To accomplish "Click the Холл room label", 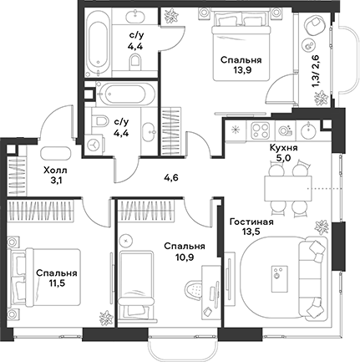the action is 55,170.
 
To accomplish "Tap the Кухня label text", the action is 284,148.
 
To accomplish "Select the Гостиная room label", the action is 251,222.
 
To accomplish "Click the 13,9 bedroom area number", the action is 241,70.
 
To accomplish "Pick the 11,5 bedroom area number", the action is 57,283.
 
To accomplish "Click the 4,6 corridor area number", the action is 170,177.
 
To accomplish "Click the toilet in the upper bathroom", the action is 134,61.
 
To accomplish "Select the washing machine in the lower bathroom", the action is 94,144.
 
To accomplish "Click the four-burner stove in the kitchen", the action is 261,130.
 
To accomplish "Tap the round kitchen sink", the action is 308,130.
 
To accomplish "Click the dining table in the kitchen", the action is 287,188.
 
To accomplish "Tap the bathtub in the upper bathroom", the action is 96,42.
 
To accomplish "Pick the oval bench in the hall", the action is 56,153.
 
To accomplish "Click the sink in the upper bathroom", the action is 136,14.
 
